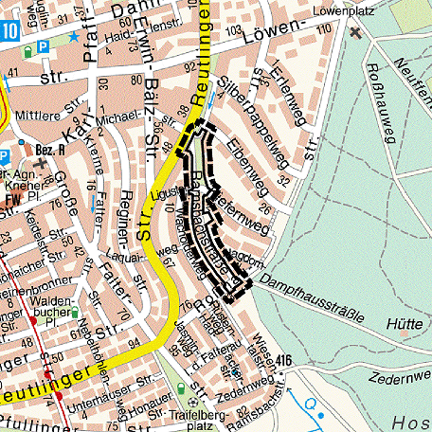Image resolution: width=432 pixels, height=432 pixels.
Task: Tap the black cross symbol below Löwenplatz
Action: (355, 33)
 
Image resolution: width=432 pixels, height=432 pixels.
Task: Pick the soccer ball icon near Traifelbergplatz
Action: (181, 391)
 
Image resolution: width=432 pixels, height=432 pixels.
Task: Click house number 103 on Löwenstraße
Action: (234, 31)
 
